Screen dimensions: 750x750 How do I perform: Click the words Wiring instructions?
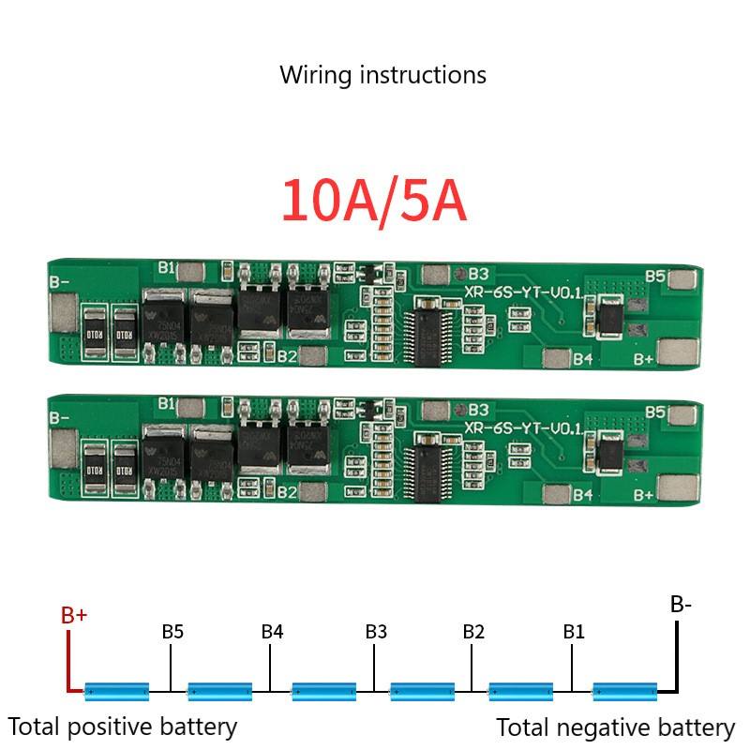[x=382, y=75]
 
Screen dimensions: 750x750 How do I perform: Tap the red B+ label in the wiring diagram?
[x=74, y=616]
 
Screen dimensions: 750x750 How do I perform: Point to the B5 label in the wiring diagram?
[x=172, y=632]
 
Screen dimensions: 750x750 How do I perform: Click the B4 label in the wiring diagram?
[x=272, y=632]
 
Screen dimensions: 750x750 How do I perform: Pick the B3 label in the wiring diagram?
[x=376, y=632]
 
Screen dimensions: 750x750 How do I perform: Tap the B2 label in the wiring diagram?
[x=473, y=632]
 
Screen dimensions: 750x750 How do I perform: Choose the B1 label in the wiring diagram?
[x=574, y=632]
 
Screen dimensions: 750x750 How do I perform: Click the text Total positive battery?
[x=123, y=726]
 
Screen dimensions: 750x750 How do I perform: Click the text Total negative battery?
[x=615, y=727]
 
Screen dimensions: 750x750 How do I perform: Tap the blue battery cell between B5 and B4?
[x=220, y=692]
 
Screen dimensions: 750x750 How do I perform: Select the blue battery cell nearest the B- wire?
[x=625, y=692]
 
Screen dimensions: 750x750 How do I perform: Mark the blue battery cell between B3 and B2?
[x=422, y=692]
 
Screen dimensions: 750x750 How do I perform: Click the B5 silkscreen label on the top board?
[x=655, y=277]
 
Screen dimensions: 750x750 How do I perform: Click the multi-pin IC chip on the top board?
[x=428, y=330]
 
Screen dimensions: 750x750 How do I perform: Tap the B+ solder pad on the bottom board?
[x=678, y=487]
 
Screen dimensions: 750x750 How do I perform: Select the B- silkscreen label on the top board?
[x=59, y=280]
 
